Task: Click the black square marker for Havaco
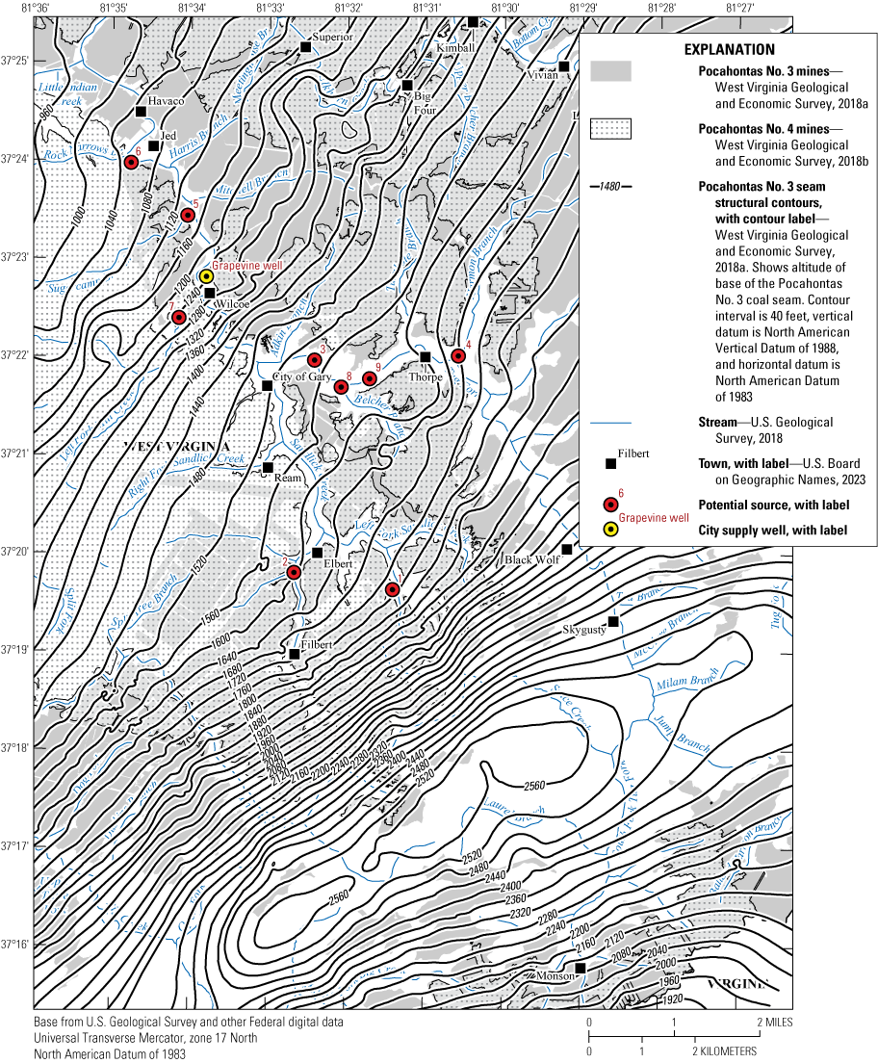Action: [141, 112]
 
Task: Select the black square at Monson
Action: [581, 968]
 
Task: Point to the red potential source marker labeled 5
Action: [188, 215]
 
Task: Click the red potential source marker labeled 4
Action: [458, 356]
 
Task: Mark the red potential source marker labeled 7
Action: [178, 317]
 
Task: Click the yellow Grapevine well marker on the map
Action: [206, 276]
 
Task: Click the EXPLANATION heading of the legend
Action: [729, 49]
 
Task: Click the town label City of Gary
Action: [302, 376]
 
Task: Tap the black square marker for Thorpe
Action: [425, 357]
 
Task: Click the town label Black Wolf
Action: [532, 559]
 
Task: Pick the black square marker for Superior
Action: [305, 46]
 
